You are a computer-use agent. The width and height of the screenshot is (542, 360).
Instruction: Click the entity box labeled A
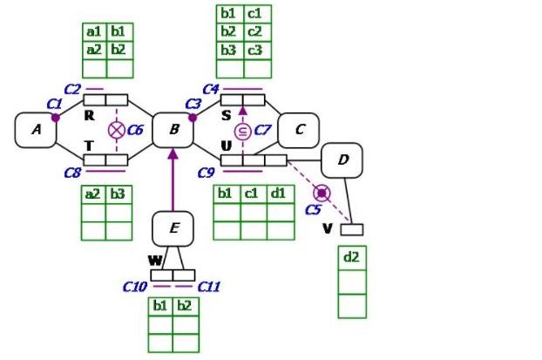pyautogui.click(x=36, y=130)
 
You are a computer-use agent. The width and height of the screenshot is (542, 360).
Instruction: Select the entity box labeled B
pyautogui.click(x=173, y=130)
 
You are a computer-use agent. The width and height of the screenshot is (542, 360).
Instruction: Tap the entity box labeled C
pyautogui.click(x=299, y=130)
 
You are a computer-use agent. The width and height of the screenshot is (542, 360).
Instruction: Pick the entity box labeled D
pyautogui.click(x=342, y=160)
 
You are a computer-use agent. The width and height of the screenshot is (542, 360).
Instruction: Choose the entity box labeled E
pyautogui.click(x=173, y=228)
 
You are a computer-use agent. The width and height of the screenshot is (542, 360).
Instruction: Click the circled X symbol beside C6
pyautogui.click(x=116, y=130)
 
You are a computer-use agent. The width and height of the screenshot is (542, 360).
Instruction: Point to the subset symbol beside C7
pyautogui.click(x=243, y=131)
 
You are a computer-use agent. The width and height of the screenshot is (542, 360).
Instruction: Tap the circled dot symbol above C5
pyautogui.click(x=322, y=192)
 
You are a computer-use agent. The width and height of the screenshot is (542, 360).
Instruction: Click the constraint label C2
pyautogui.click(x=72, y=89)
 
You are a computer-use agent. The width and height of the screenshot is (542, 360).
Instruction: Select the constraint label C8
pyautogui.click(x=72, y=172)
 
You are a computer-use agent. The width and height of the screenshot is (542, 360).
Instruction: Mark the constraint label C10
pyautogui.click(x=135, y=286)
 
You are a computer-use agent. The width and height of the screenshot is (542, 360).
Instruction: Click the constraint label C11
pyautogui.click(x=210, y=286)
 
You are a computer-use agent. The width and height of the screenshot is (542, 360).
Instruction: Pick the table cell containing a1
pyautogui.click(x=93, y=31)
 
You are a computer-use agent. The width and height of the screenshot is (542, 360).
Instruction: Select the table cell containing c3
pyautogui.click(x=255, y=50)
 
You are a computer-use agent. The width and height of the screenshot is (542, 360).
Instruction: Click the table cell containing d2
pyautogui.click(x=352, y=258)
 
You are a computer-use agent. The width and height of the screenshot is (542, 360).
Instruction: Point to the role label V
pyautogui.click(x=328, y=228)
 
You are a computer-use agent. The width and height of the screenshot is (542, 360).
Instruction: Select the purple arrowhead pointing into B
pyautogui.click(x=173, y=153)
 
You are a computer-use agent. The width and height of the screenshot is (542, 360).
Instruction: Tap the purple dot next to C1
pyautogui.click(x=56, y=117)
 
